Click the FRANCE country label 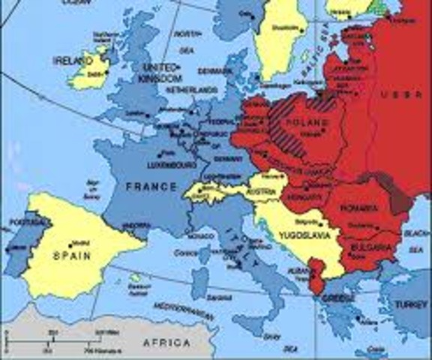click(x=151, y=186)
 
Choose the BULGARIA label click(x=369, y=246)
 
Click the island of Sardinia click(x=199, y=282)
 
